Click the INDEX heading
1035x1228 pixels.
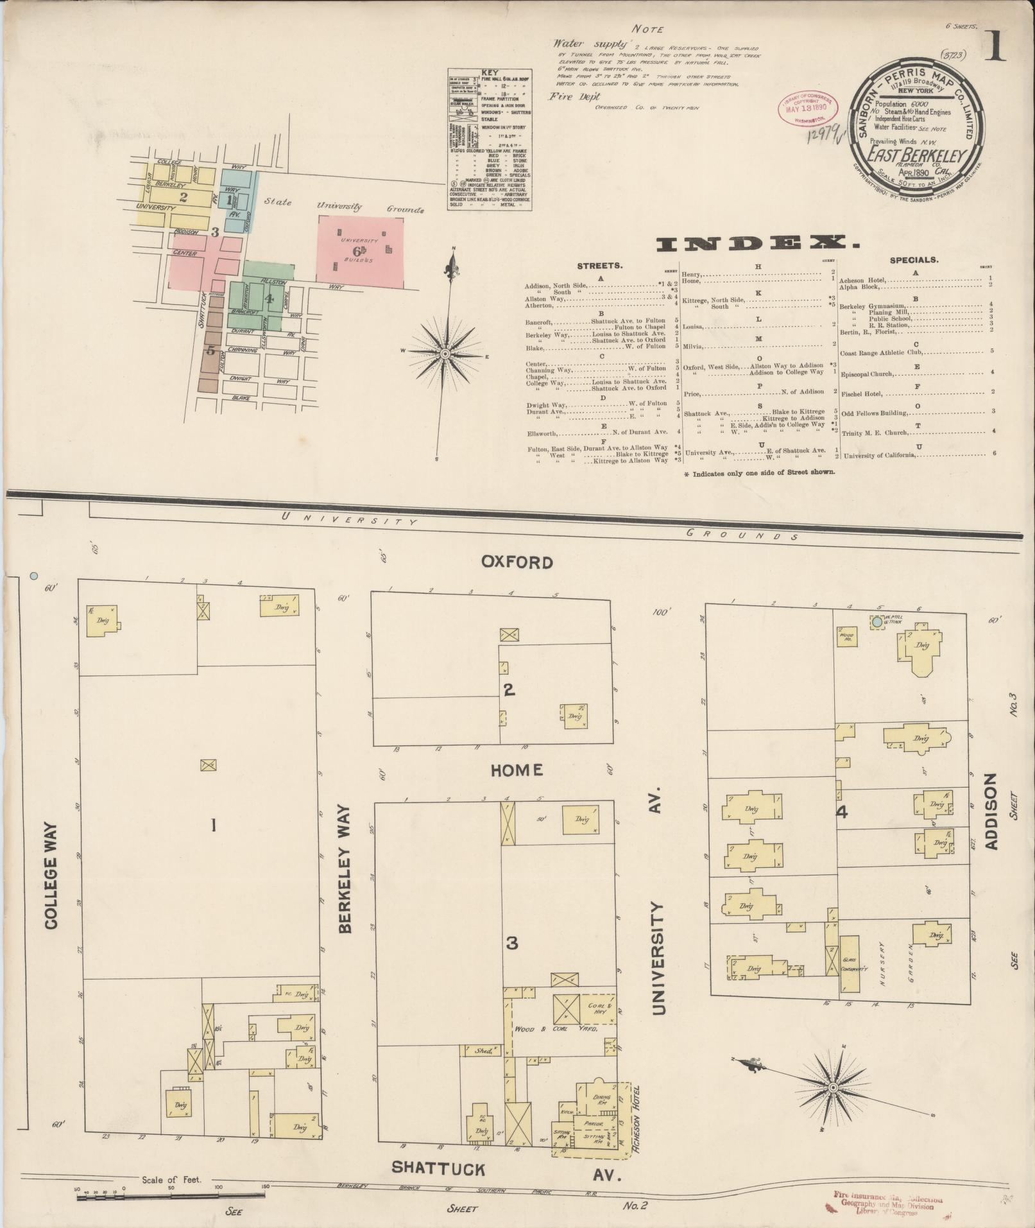click(x=757, y=243)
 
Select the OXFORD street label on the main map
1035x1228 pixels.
click(x=517, y=562)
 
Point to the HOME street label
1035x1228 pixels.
click(x=517, y=770)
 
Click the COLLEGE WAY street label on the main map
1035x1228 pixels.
click(x=51, y=876)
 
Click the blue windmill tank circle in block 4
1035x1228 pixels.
click(x=877, y=622)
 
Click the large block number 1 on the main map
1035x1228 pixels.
click(x=213, y=826)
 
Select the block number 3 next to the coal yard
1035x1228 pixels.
click(x=511, y=944)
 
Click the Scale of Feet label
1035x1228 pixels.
click(x=171, y=1180)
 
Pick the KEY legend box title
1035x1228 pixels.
click(x=490, y=72)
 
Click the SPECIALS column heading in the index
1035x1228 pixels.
click(x=914, y=260)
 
